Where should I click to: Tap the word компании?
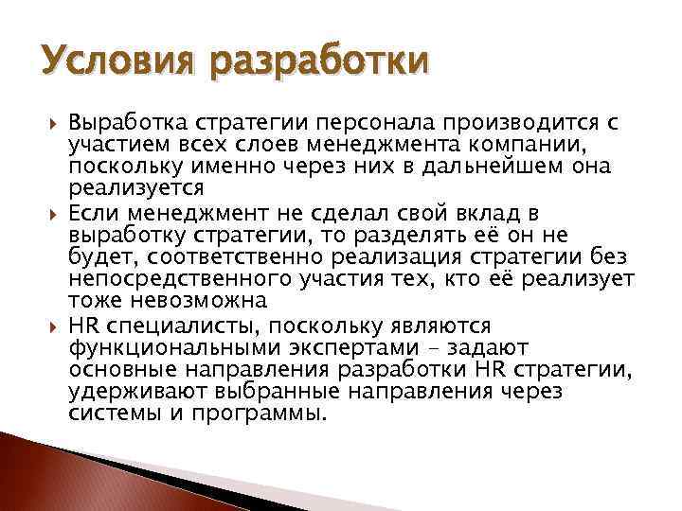click(x=537, y=143)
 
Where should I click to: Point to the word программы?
click(x=258, y=414)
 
